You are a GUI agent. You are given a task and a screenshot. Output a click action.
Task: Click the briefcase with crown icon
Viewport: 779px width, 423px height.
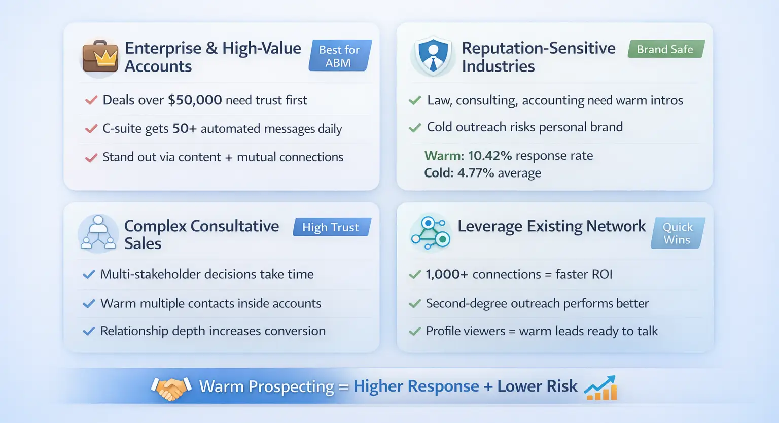[x=100, y=56]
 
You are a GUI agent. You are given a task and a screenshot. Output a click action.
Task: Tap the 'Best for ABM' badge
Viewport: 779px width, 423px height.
[x=340, y=56]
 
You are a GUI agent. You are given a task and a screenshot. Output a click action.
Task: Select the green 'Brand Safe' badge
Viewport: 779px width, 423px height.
[x=666, y=49]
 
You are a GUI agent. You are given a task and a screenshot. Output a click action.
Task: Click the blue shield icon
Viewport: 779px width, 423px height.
[x=433, y=56]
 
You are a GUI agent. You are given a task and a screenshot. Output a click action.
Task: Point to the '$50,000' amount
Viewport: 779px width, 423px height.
[x=195, y=100]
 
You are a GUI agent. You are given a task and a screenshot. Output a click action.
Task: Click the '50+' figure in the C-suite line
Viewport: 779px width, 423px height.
[x=184, y=128]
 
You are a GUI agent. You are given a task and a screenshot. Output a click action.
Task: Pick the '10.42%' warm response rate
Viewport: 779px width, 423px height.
[x=489, y=156]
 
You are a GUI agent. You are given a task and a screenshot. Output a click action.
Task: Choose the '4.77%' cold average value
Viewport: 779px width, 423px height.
[x=475, y=173]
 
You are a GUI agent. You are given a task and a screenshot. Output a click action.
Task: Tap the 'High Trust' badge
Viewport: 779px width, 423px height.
[x=332, y=227]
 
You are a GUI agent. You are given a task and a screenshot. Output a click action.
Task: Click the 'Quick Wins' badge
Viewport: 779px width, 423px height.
[x=678, y=233]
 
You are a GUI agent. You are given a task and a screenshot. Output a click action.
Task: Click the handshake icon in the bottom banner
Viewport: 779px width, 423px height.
[x=171, y=387]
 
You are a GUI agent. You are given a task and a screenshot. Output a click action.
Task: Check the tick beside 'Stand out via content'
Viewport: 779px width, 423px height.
[x=91, y=158]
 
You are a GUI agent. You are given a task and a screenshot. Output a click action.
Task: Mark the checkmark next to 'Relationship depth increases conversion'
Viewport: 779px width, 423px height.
[x=89, y=331]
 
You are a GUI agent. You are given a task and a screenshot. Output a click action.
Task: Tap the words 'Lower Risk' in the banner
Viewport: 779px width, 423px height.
[x=537, y=386]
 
